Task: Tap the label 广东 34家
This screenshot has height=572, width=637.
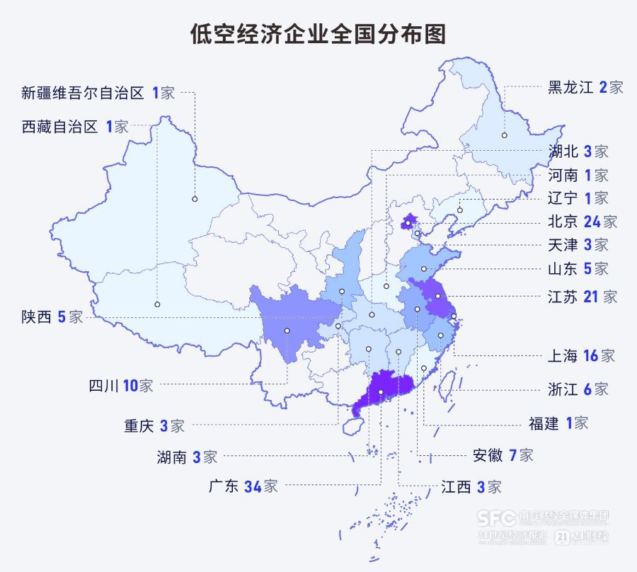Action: point(243,486)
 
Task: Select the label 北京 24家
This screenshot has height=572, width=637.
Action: point(583,222)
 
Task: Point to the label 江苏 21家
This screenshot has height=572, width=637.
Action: point(583,297)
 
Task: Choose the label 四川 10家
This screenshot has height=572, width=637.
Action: point(120,386)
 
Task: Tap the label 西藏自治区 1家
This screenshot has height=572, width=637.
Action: point(75,127)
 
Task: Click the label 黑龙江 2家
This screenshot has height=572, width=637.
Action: point(585,88)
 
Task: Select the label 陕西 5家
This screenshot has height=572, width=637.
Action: point(52,317)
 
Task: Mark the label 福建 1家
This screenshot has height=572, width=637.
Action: point(558,423)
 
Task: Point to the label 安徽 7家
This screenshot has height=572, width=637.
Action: point(503,455)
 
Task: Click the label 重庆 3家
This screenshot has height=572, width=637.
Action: point(154,426)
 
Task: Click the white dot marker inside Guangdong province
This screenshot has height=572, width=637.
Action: point(381,392)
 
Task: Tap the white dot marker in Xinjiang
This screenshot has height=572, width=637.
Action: point(194,200)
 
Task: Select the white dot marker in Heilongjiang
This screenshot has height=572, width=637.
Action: point(505,135)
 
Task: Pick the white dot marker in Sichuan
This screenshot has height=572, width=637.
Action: point(287,331)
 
